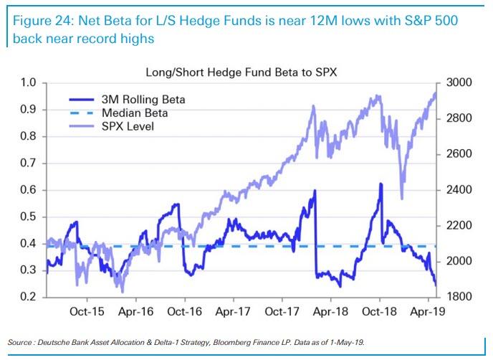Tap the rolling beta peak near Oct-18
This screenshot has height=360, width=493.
tap(380, 184)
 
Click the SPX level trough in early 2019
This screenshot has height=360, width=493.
tap(401, 199)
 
